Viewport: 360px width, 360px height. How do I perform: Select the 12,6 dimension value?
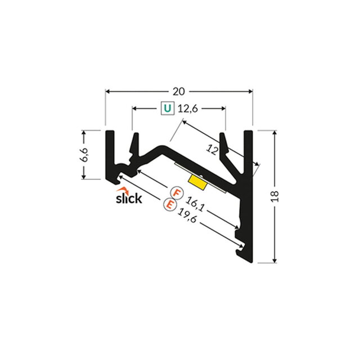click(x=190, y=109)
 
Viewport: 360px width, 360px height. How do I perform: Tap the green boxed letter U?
click(x=167, y=108)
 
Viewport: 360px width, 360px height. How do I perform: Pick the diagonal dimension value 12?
click(x=213, y=150)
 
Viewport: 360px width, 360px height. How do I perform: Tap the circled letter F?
click(x=176, y=193)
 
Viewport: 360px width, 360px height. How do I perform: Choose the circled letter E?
click(x=169, y=205)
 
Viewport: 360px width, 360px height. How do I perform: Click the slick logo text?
click(x=129, y=198)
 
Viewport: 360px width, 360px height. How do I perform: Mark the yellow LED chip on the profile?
click(x=197, y=181)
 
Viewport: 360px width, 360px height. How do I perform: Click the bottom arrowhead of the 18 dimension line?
click(x=274, y=259)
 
